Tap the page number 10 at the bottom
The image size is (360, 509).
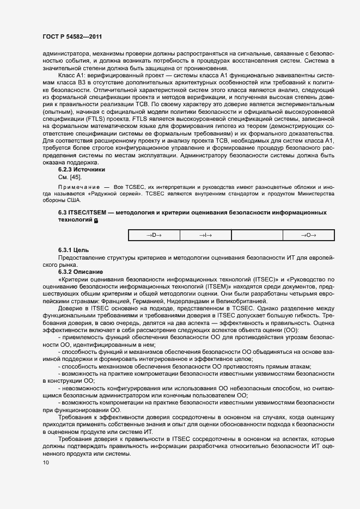click(x=46, y=463)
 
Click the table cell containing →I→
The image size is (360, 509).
click(x=205, y=235)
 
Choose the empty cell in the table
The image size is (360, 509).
click(x=257, y=235)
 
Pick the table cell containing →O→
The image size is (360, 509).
click(x=308, y=235)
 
